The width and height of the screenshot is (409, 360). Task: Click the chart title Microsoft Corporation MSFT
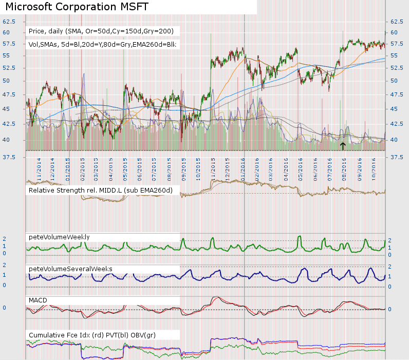pos(77,7)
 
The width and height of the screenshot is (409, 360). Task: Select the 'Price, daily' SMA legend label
pos(101,31)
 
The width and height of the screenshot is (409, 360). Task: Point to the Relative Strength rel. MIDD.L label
pos(100,191)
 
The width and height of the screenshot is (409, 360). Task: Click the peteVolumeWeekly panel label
pos(59,237)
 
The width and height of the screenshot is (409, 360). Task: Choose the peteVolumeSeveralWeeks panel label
pos(70,269)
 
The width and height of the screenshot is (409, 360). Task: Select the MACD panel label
pos(38,299)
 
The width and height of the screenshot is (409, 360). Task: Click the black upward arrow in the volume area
pos(343,146)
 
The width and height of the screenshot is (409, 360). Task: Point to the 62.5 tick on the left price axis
pos(9,22)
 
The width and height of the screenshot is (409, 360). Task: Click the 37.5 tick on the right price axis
pos(398,157)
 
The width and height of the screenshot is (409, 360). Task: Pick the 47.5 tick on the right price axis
pos(398,94)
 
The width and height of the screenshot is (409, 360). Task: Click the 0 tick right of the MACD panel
pos(391,309)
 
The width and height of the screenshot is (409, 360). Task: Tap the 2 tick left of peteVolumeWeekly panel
pos(5,239)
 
